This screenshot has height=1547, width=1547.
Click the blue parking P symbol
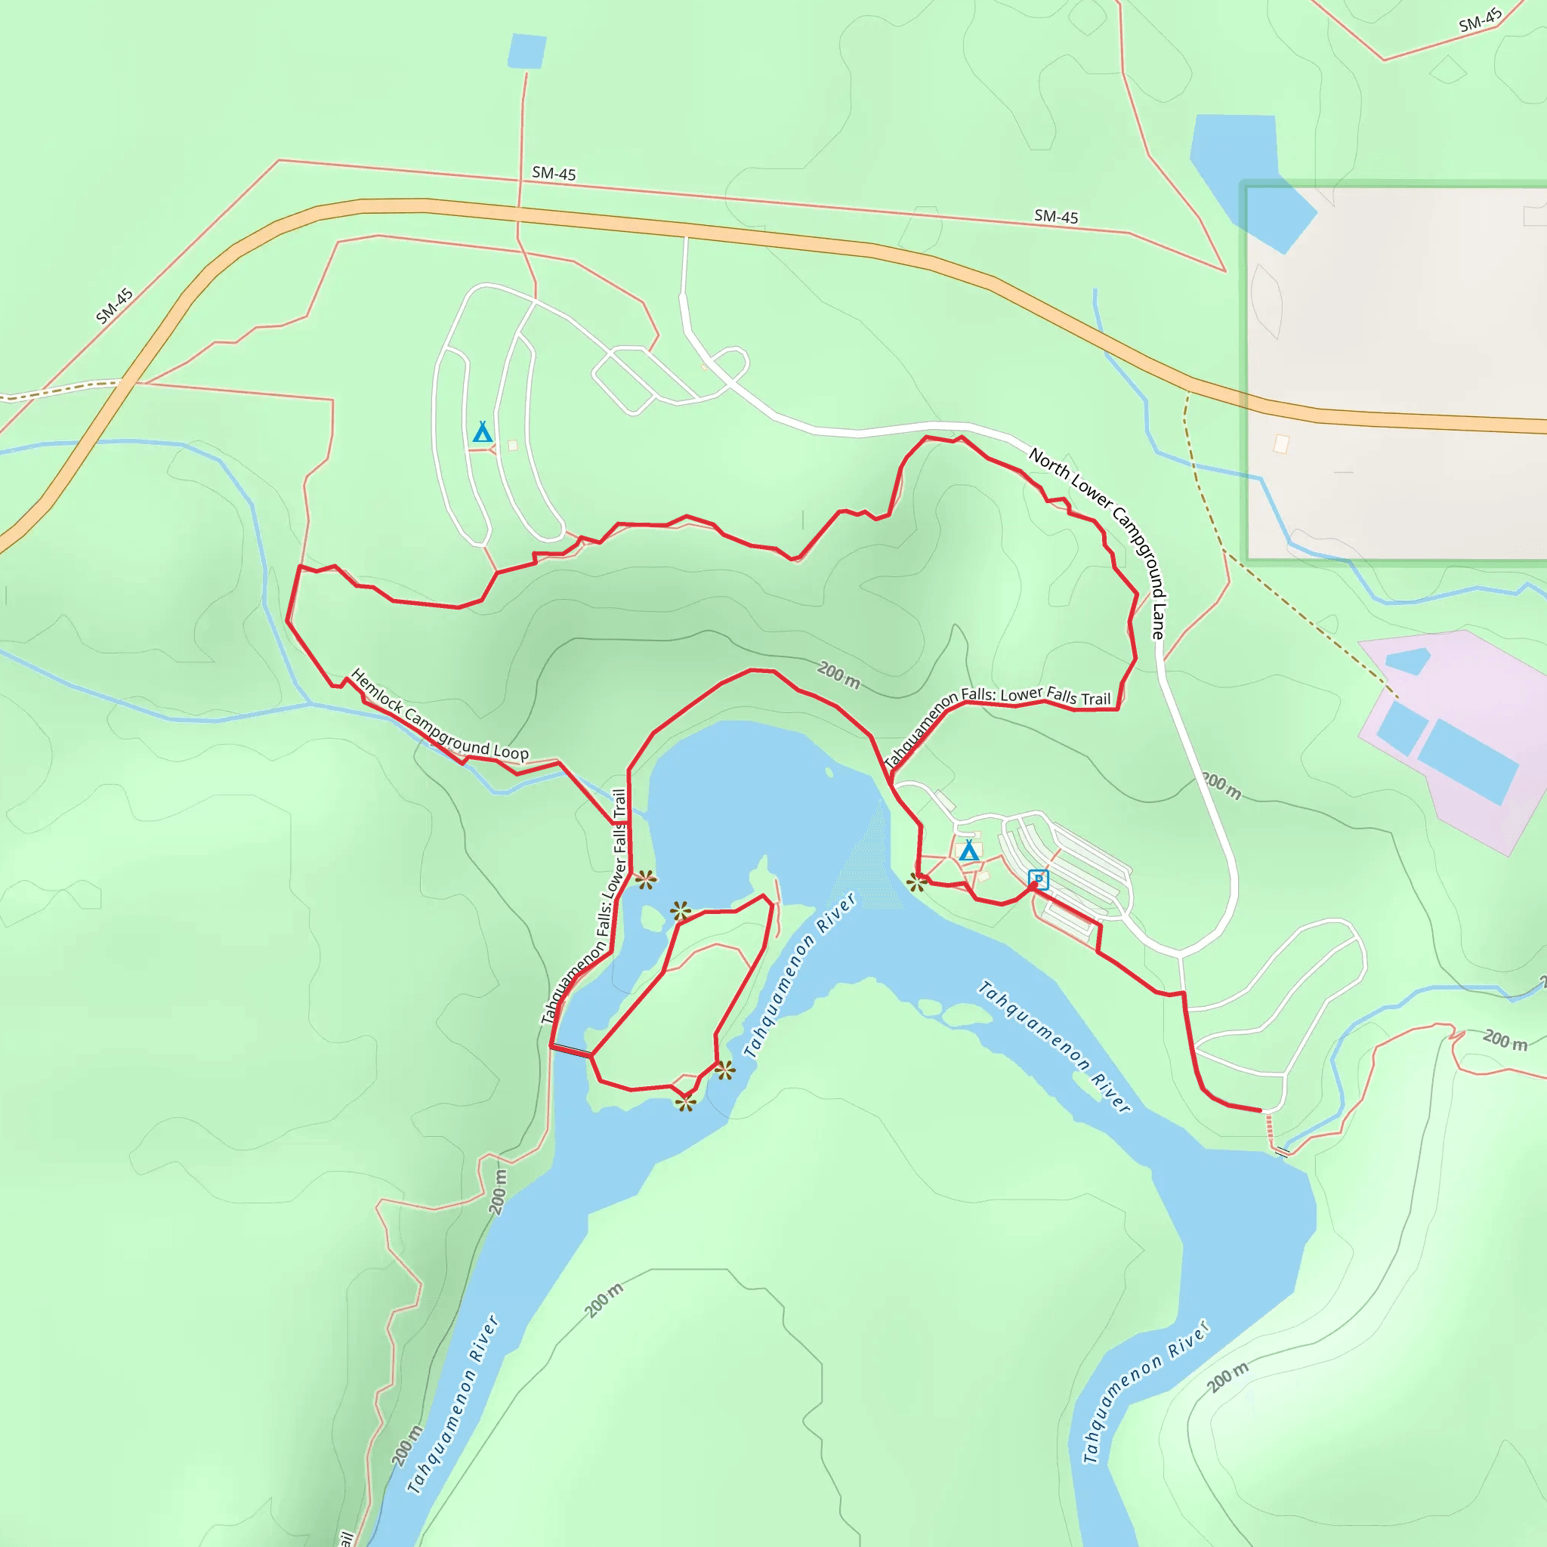point(1038,879)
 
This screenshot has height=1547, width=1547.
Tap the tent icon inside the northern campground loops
point(482,432)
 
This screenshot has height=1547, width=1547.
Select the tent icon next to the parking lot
point(969,851)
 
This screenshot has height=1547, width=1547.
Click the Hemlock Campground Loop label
point(439,715)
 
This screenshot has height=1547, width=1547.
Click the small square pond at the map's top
point(527,51)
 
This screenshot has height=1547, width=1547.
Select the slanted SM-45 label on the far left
point(115,306)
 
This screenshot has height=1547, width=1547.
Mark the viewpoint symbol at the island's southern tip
point(685,1103)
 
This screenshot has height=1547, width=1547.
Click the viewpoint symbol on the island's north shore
point(681,910)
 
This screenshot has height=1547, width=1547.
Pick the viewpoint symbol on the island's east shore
point(724,1070)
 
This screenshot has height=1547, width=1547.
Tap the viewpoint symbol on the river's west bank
point(646,880)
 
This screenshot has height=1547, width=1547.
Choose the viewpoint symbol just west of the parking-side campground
point(917,883)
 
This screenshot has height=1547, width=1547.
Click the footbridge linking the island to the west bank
point(571,1051)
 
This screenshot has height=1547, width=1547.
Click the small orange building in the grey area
point(1281,443)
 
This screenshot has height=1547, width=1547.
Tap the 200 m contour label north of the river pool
point(838,675)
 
